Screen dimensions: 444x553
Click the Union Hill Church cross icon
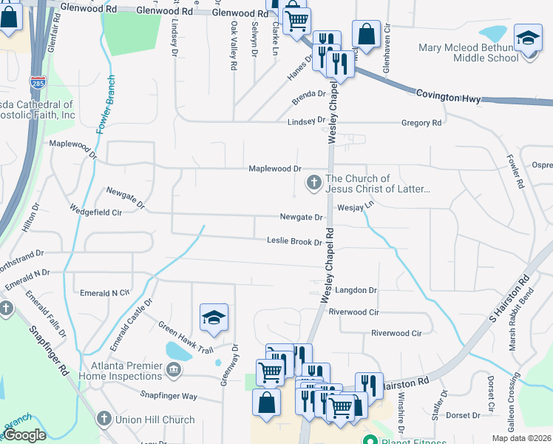tap(104, 419)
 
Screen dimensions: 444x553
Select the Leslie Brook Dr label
tap(294, 242)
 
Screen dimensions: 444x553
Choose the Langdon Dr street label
tap(356, 291)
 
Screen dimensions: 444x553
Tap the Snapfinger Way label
tap(169, 397)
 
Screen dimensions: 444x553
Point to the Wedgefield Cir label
tap(95, 212)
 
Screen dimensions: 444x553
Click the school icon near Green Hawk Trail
tap(213, 318)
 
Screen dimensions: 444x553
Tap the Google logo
tap(25, 435)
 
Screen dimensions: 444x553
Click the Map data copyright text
tap(521, 438)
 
